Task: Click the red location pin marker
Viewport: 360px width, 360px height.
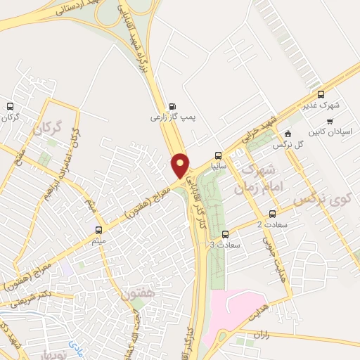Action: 181,165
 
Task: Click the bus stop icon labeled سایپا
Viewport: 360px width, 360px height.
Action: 218,155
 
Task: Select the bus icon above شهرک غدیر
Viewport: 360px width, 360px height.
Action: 321,95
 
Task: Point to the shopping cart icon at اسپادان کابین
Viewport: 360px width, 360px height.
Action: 330,120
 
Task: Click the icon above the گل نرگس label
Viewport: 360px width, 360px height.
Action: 287,134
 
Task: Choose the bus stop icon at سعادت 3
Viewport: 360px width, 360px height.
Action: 225,234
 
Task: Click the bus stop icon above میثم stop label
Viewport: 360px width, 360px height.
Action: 98,229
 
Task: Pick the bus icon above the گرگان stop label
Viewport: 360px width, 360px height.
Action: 10,107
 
